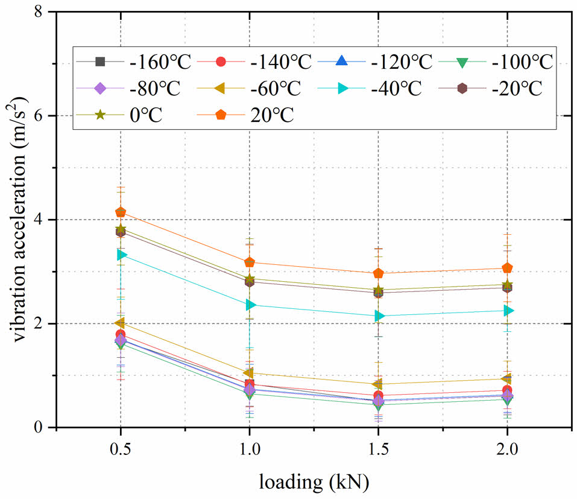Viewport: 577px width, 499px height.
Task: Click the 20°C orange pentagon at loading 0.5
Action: (121, 212)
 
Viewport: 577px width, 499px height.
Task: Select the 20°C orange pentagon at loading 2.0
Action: (507, 268)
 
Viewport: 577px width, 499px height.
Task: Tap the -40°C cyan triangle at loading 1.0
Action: (249, 305)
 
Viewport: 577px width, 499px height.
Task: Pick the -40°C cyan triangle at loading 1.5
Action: (378, 316)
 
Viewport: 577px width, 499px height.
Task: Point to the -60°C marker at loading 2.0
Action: (507, 379)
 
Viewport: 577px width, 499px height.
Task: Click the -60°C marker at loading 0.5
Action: (121, 323)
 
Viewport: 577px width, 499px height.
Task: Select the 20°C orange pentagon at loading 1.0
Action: (249, 262)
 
